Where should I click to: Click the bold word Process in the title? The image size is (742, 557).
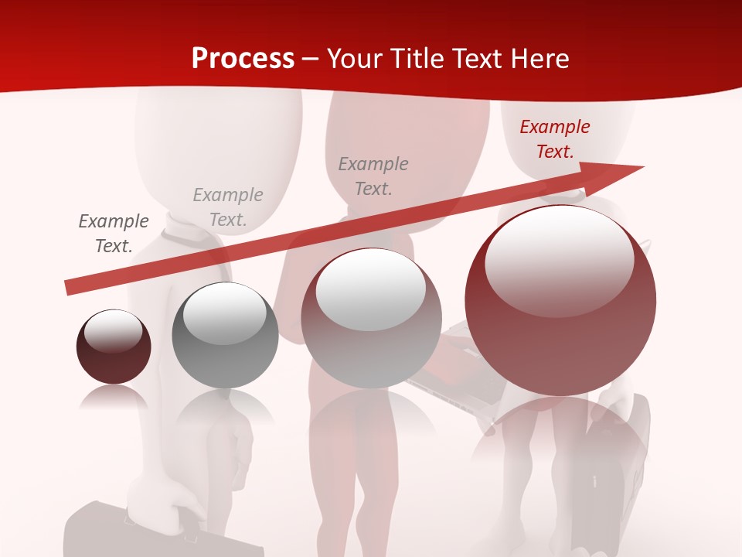pyautogui.click(x=243, y=58)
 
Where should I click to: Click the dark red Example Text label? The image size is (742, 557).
pyautogui.click(x=554, y=139)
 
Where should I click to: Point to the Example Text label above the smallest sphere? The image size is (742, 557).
pyautogui.click(x=114, y=234)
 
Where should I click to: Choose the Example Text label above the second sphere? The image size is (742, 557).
pyautogui.click(x=228, y=207)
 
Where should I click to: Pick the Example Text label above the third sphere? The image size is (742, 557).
pyautogui.click(x=373, y=176)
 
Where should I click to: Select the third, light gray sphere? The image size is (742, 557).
pyautogui.click(x=371, y=319)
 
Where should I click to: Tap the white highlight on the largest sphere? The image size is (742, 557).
pyautogui.click(x=560, y=259)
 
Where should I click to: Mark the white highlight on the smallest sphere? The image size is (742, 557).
pyautogui.click(x=113, y=331)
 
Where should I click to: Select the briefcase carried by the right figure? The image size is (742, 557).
pyautogui.click(x=618, y=464)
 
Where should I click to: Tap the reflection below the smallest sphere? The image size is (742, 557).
pyautogui.click(x=113, y=398)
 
